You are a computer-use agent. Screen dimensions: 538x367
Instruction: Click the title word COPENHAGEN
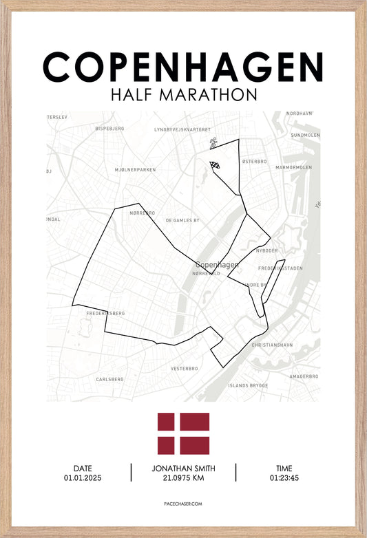click(183, 67)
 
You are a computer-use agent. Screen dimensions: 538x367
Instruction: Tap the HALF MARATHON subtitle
click(183, 94)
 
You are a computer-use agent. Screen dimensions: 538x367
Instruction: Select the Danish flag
click(183, 433)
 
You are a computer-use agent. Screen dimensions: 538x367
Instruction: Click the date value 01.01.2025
click(83, 477)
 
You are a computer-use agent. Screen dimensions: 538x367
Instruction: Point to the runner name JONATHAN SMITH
click(183, 469)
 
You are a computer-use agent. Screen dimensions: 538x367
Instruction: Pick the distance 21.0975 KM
click(183, 477)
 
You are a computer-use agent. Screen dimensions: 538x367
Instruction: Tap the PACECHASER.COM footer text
click(183, 504)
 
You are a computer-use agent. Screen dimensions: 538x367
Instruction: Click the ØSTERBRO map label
click(253, 161)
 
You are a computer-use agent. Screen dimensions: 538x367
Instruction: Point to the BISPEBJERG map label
click(109, 128)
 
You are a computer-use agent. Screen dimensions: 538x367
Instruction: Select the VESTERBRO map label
click(185, 368)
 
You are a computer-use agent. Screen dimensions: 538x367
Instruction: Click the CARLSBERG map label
click(109, 379)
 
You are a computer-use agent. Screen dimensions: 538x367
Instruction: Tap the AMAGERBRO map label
click(303, 376)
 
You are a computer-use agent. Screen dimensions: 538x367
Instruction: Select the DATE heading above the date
click(83, 469)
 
